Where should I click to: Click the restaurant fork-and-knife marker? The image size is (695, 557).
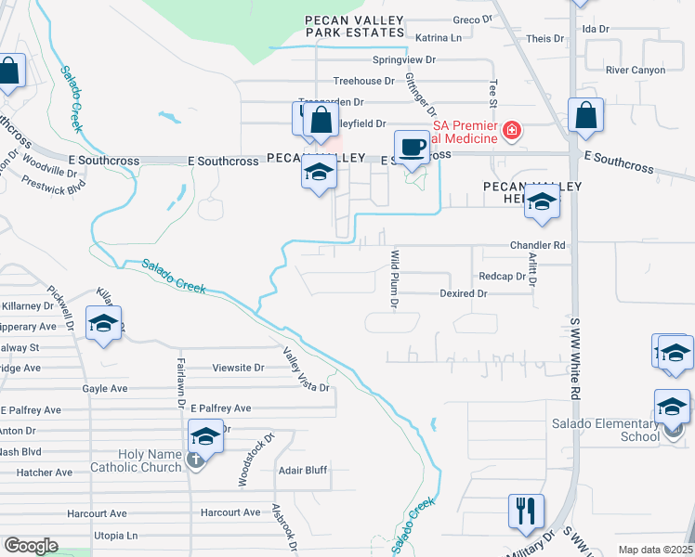526,512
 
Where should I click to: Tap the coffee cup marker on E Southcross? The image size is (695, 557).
412,147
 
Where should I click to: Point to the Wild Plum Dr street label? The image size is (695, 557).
395,278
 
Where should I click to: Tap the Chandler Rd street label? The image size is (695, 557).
537,245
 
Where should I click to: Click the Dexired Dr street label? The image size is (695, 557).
463,293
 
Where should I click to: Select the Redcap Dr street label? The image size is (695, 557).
503,277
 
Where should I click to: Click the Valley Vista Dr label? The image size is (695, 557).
308,369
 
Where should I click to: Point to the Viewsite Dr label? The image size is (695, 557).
239,368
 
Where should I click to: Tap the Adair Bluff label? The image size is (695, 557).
303,471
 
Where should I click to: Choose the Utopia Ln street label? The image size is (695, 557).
115,536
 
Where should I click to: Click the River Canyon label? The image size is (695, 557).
635,70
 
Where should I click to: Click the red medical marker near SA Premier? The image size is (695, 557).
511,131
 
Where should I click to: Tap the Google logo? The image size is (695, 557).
30,546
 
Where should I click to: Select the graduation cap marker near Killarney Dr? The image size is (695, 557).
103,324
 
